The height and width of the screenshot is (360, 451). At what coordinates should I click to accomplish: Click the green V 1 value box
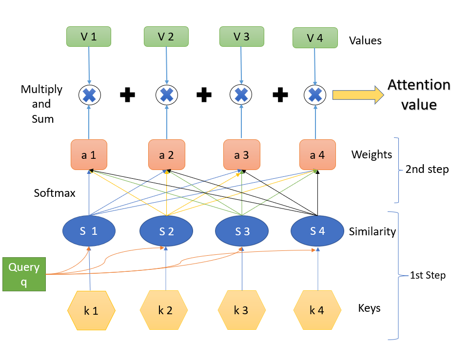[89, 37]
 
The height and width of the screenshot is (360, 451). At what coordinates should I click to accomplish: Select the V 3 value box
[241, 37]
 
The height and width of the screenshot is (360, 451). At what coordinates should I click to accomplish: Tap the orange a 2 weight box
[167, 155]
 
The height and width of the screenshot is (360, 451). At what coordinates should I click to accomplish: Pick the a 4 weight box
[317, 155]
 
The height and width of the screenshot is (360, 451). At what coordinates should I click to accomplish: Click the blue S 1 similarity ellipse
[89, 231]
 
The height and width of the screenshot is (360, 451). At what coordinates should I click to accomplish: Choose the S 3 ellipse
[242, 231]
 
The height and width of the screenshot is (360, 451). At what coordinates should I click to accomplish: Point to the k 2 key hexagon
[165, 310]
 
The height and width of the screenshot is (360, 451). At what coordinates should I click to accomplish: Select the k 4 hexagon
[317, 310]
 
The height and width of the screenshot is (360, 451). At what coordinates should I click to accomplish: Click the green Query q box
[24, 274]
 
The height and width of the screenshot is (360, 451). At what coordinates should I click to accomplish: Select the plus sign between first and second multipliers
[128, 95]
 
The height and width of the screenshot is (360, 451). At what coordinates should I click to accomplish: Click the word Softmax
[55, 193]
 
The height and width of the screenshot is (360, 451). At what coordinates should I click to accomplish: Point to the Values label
[365, 40]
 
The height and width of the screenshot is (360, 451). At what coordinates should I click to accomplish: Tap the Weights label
[372, 155]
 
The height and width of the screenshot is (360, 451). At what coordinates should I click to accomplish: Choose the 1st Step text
[428, 275]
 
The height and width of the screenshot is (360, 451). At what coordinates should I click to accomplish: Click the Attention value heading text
[419, 95]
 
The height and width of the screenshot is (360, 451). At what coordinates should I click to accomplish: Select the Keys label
[369, 308]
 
